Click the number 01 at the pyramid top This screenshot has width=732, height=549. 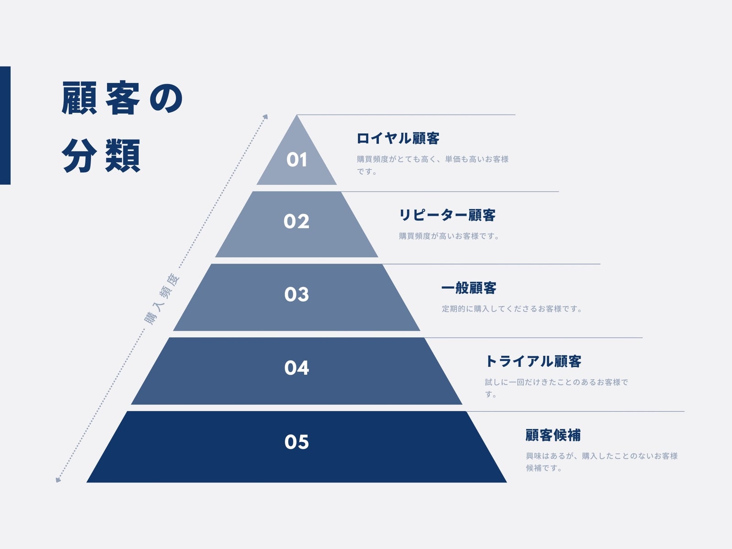coord(296,160)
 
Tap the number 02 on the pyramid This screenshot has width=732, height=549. coord(296,221)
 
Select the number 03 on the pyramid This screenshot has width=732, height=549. coord(296,294)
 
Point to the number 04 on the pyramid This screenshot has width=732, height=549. coord(296,368)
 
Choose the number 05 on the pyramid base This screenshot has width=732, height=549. coord(296,442)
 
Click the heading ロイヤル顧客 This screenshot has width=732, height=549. coord(398,138)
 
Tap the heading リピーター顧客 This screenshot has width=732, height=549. coord(447,215)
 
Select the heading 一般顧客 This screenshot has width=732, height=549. coord(469,288)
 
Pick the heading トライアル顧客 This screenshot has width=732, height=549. coord(533,361)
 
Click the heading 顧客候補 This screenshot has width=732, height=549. coord(553,435)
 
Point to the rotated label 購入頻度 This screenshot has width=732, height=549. coord(162,299)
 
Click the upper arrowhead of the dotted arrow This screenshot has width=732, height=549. coord(265,117)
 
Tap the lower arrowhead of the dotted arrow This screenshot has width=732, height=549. coord(58,480)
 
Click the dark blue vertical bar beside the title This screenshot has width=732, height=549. coord(5,125)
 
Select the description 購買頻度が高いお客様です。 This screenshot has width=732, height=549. coord(449,236)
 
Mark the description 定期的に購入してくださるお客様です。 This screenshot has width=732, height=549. coord(512,309)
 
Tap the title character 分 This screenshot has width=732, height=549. coord(79,156)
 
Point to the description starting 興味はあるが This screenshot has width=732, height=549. coord(602,462)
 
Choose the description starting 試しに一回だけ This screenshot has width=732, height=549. coord(556,388)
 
